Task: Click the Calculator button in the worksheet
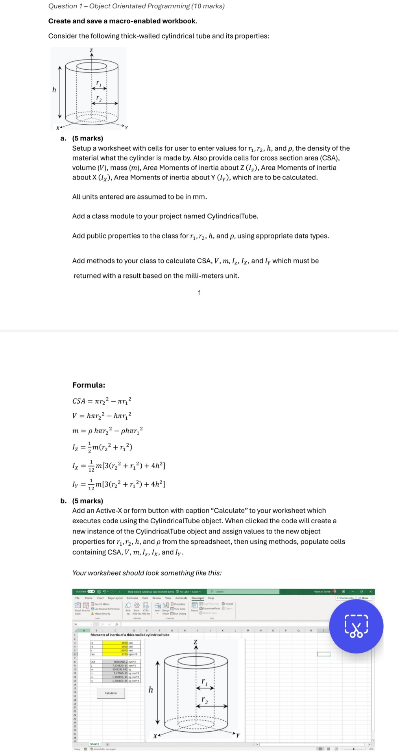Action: point(111,693)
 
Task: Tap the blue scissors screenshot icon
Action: point(356,626)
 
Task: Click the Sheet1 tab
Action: point(94,744)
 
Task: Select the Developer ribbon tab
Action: point(198,598)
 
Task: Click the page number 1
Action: point(199,293)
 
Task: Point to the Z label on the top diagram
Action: point(91,50)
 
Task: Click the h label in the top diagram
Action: point(54,90)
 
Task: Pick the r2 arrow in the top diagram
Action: point(105,103)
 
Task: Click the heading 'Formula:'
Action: point(89,385)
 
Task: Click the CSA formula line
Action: point(102,401)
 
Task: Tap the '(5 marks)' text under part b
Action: point(87,501)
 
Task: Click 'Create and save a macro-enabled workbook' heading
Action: point(122,21)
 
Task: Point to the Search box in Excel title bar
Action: point(244,592)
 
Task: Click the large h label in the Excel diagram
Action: point(151,690)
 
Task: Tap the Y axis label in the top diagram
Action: point(126,127)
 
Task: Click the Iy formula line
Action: point(118,484)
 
